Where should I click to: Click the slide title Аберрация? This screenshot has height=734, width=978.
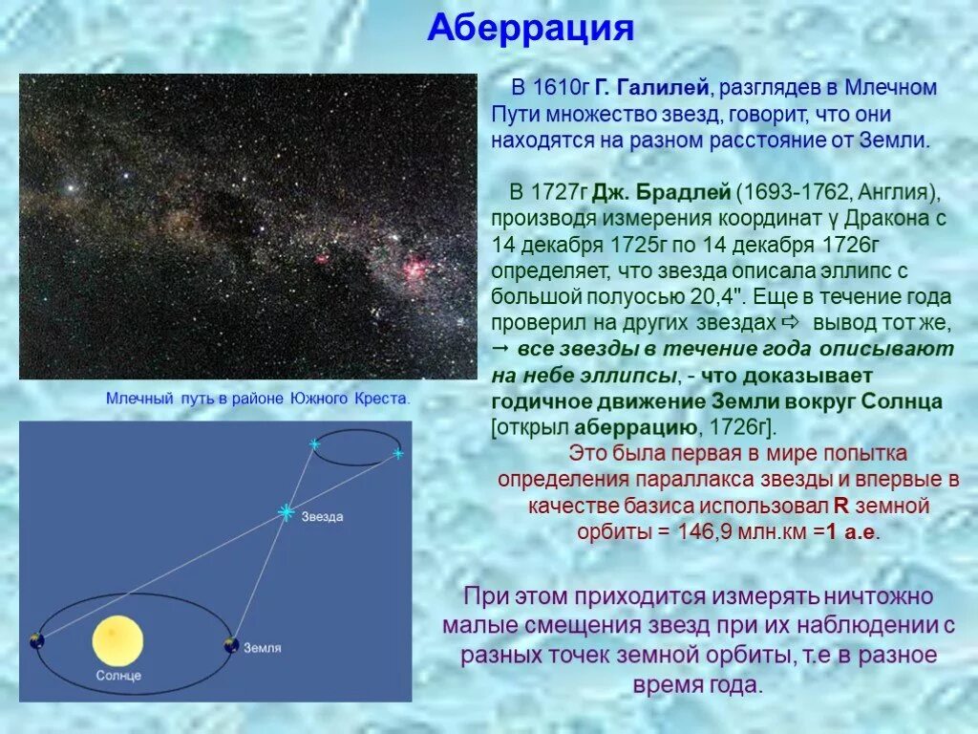click(530, 28)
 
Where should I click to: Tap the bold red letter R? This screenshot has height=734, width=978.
click(840, 506)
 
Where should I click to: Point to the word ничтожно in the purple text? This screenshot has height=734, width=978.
click(878, 597)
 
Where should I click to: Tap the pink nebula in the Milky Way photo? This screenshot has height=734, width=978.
click(415, 270)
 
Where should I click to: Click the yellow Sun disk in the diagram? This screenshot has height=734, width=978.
click(117, 640)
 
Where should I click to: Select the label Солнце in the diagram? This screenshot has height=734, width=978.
click(117, 676)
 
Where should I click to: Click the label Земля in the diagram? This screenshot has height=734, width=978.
click(261, 648)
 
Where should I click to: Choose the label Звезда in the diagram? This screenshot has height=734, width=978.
click(322, 517)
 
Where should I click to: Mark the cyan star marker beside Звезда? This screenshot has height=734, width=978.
click(285, 512)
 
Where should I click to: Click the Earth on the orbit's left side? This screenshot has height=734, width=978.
click(36, 639)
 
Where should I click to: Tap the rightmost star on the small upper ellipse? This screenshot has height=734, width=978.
click(397, 453)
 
